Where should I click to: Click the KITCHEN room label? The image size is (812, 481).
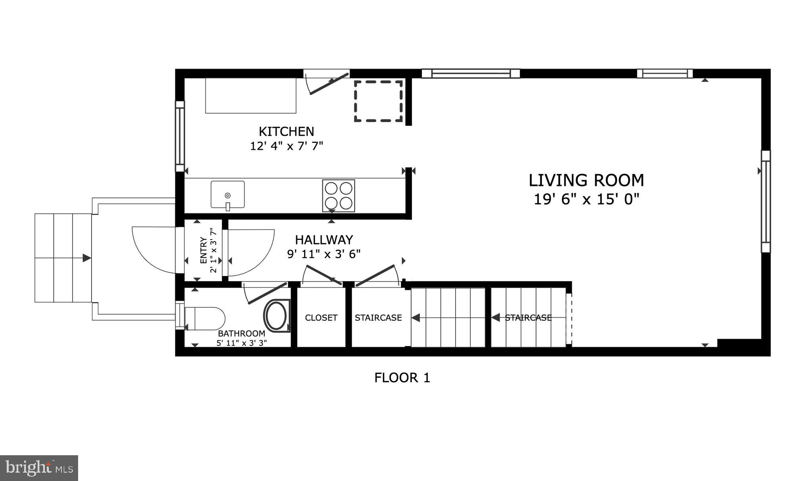click(286, 131)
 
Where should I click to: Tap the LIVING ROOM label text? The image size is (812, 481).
click(586, 180)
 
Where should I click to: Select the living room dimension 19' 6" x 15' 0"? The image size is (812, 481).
click(586, 199)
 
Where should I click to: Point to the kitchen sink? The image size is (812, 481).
click(228, 195)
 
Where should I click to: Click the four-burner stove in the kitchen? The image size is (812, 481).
click(338, 195)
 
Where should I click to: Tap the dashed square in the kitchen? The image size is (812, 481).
click(378, 101)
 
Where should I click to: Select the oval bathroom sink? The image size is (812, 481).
click(276, 316)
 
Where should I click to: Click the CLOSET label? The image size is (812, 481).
click(321, 318)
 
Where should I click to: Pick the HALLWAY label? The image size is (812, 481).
click(324, 240)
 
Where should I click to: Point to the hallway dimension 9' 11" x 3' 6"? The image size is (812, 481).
click(324, 254)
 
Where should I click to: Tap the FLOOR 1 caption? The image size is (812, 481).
click(402, 378)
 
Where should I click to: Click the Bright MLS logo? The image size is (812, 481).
click(39, 468)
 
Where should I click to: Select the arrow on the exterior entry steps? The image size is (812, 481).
click(86, 258)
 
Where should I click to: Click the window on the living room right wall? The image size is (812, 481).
click(766, 201)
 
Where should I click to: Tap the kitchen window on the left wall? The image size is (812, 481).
click(180, 136)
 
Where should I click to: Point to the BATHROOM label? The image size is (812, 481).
click(241, 333)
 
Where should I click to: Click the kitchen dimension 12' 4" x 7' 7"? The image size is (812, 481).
click(286, 146)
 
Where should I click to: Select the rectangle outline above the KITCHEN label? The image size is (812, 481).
click(251, 96)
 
